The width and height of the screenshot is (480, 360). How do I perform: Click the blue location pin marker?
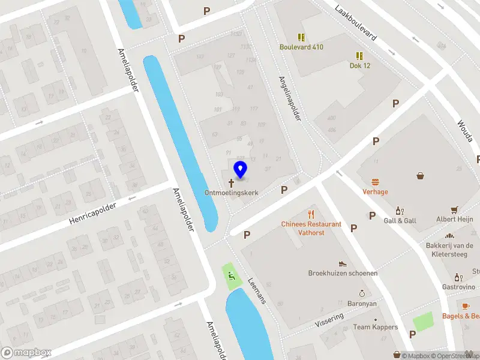(240, 170)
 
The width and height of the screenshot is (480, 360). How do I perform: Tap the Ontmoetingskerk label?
(232, 193)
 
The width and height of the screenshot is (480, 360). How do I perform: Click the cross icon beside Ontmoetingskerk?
(231, 182)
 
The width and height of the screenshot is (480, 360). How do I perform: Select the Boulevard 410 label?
(301, 47)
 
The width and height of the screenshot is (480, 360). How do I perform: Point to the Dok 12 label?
(359, 65)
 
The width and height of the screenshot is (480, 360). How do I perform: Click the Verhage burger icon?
(376, 182)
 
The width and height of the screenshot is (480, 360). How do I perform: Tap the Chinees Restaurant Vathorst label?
(311, 228)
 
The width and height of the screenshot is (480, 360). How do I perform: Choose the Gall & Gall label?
(400, 221)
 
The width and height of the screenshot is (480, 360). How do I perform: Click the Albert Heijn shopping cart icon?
(454, 210)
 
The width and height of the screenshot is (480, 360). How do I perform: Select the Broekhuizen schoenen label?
(343, 273)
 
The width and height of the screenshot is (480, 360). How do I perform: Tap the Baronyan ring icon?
(362, 293)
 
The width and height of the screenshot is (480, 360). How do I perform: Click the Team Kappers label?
(375, 327)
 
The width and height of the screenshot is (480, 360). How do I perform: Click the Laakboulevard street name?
(356, 23)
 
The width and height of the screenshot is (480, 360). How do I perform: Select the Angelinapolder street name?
(289, 98)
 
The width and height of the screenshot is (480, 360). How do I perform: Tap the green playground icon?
(230, 276)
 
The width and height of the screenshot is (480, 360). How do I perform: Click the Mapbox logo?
(26, 353)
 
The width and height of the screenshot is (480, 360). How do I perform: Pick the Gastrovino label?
(459, 287)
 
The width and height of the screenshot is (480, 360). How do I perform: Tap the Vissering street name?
(329, 319)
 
